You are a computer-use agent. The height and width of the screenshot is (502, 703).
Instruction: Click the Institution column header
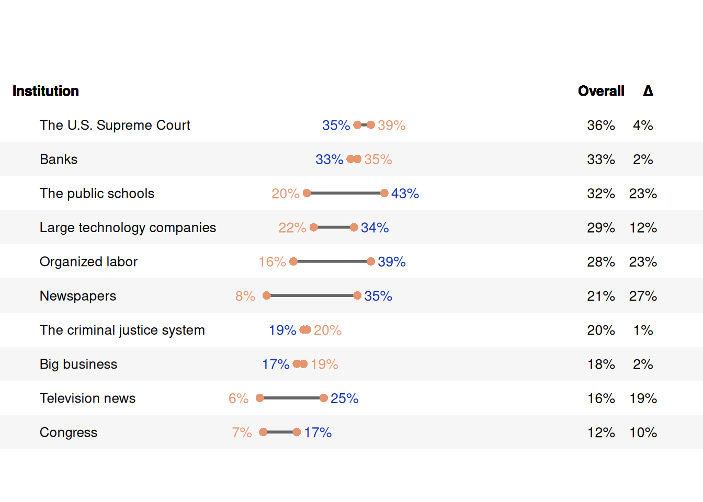46,91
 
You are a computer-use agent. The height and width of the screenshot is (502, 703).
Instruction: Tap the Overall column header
601,91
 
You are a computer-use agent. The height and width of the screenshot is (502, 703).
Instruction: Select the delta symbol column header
648,91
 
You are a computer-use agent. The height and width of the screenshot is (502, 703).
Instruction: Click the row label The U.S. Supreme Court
115,125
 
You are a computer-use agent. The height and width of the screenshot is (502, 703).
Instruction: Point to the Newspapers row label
78,296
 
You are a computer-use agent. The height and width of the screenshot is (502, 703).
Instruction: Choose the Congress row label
69,432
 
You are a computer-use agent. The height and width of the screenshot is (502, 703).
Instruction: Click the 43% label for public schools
405,193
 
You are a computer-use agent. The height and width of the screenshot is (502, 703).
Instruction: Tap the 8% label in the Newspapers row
245,296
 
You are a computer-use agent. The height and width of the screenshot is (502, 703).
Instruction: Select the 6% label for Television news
239,398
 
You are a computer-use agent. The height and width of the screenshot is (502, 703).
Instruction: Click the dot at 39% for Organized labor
371,261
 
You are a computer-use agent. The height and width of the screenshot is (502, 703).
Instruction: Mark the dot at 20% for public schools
307,193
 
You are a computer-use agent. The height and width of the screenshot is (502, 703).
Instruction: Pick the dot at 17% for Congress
297,432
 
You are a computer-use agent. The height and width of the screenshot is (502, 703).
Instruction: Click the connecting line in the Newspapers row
312,296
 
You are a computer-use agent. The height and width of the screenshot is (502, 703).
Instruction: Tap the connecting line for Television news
292,398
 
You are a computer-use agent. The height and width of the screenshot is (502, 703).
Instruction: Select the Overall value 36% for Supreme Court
601,125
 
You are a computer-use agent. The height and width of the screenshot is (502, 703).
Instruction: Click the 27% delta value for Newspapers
643,296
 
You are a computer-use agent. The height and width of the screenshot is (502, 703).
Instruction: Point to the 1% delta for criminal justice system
643,330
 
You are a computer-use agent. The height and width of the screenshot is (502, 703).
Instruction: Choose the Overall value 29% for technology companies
601,227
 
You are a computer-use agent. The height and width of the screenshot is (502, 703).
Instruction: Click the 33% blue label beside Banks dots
330,159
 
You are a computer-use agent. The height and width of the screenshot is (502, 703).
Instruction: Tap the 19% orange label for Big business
324,364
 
